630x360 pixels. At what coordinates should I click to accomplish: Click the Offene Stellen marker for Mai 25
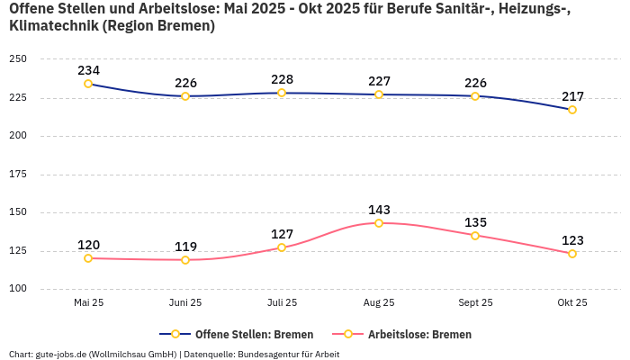(x=88, y=84)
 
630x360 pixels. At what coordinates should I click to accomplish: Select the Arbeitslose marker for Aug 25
(x=379, y=223)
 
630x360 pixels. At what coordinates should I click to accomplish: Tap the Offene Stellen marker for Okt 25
(x=572, y=110)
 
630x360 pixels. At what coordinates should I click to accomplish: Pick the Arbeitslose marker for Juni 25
(x=185, y=260)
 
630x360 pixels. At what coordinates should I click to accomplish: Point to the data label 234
(x=88, y=70)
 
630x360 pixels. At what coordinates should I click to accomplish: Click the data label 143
(x=379, y=210)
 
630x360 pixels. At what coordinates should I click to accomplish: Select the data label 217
(x=572, y=96)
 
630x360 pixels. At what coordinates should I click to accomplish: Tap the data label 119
(x=185, y=247)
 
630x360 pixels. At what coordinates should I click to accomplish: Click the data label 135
(x=475, y=222)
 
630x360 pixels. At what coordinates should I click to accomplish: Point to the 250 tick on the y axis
(x=18, y=59)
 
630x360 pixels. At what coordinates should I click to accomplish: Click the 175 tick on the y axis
(x=18, y=175)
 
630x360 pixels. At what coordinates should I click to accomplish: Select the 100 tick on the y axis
(x=18, y=289)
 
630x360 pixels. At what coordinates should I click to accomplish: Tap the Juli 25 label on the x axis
(x=282, y=303)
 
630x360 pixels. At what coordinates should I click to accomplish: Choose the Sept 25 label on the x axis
(x=475, y=303)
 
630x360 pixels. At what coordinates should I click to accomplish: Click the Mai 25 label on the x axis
(x=88, y=303)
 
